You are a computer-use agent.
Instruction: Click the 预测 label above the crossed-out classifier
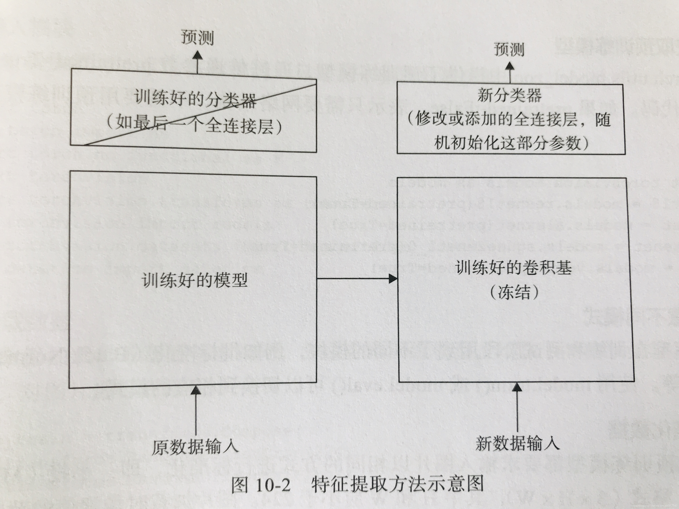tap(197, 37)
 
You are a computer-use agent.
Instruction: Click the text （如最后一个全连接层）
tap(194, 126)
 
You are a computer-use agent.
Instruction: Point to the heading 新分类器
tap(509, 96)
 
